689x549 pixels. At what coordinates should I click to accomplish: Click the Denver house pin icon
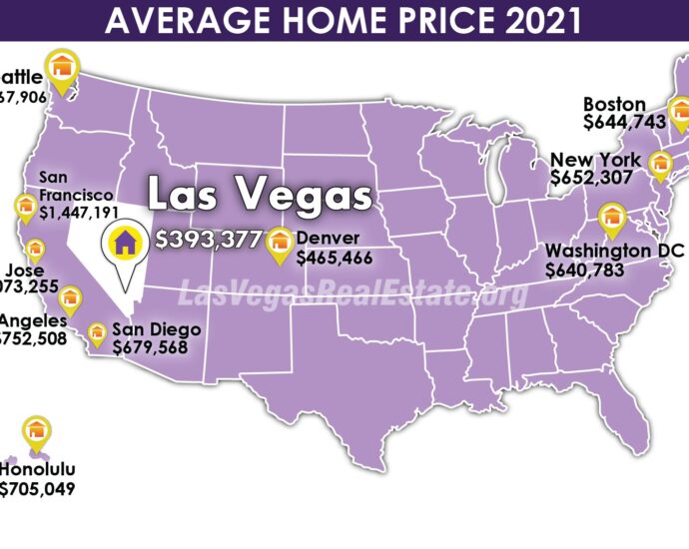pos(280,240)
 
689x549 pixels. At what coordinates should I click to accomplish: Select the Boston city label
pos(614,104)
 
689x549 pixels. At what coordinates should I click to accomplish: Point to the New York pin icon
pos(659,163)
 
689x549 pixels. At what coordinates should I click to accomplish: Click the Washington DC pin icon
pos(610,217)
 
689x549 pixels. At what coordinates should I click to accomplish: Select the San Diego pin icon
pos(98,332)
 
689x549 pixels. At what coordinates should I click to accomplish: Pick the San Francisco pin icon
pos(25,207)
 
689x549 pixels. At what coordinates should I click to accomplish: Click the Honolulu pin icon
pos(37,431)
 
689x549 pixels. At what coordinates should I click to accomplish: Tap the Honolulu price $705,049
pos(37,488)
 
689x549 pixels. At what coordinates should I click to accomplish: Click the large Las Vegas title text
pos(259,196)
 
